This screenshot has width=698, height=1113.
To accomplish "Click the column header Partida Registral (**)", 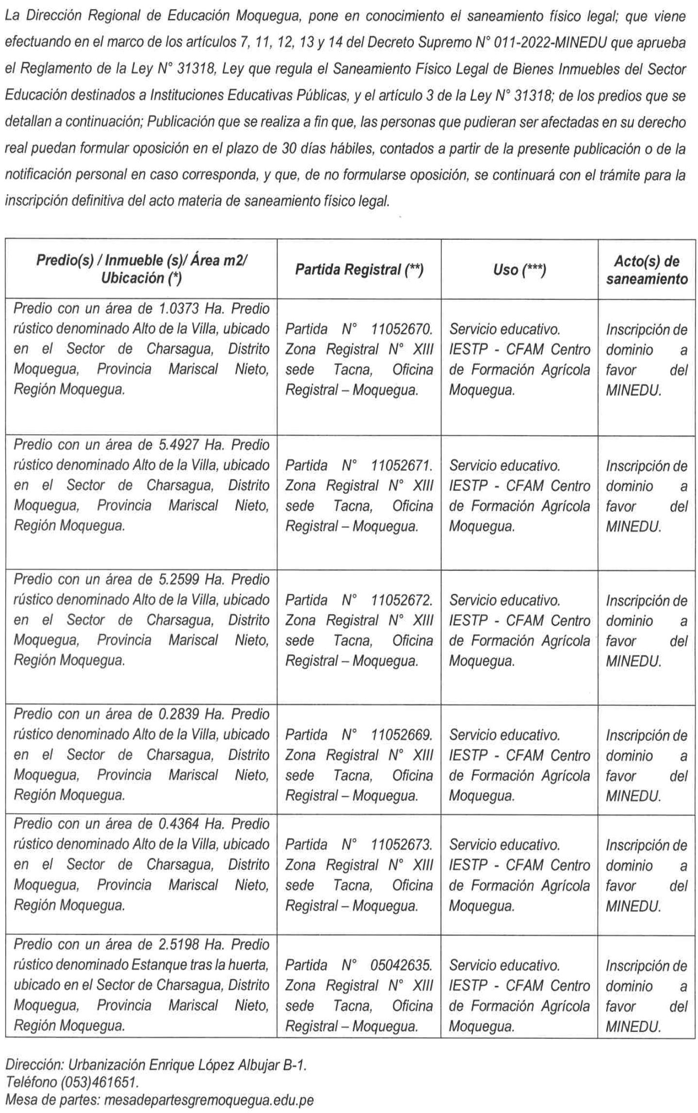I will pyautogui.click(x=359, y=269).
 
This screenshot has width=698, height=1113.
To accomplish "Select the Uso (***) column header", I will pyautogui.click(x=519, y=269).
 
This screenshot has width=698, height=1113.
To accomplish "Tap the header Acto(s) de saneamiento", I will pyautogui.click(x=646, y=270).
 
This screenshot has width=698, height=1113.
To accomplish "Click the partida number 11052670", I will pyautogui.click(x=401, y=329).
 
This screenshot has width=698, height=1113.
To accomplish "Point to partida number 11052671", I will pyautogui.click(x=401, y=466).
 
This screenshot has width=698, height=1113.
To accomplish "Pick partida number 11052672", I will pyautogui.click(x=401, y=600).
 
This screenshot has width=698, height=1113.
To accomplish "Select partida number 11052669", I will pyautogui.click(x=401, y=735).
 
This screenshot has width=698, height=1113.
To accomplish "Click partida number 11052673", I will pyautogui.click(x=401, y=845).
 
